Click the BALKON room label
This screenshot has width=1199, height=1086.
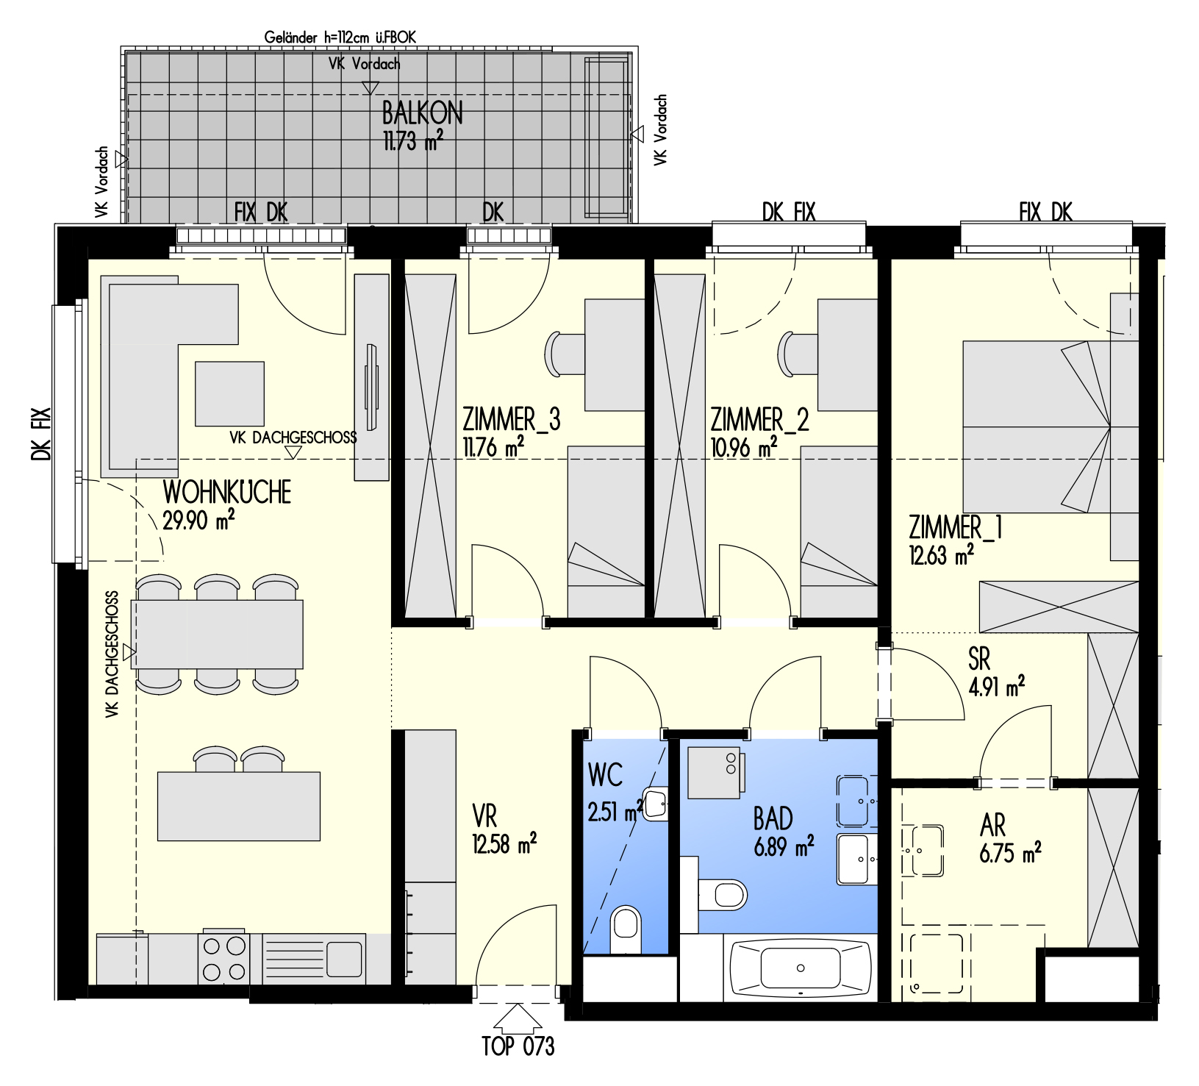click(422, 113)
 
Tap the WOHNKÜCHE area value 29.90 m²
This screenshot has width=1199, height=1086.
click(198, 520)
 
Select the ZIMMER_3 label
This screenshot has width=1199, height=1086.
click(511, 419)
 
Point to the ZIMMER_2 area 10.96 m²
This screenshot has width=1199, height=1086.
click(744, 446)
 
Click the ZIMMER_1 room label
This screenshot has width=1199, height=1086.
click(955, 527)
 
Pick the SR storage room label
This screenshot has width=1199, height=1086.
click(979, 659)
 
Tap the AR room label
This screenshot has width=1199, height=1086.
click(992, 826)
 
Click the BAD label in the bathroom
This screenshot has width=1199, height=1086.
click(773, 818)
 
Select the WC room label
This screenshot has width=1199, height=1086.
click(605, 775)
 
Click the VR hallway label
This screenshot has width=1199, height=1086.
click(484, 816)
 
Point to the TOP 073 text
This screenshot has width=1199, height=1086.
click(518, 1046)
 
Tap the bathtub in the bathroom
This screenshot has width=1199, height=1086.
click(801, 968)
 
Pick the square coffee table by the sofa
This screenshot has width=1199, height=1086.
click(229, 393)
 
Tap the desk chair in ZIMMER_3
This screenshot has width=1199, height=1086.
click(564, 354)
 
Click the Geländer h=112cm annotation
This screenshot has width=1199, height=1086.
click(340, 37)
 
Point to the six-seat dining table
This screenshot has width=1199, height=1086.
click(217, 634)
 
